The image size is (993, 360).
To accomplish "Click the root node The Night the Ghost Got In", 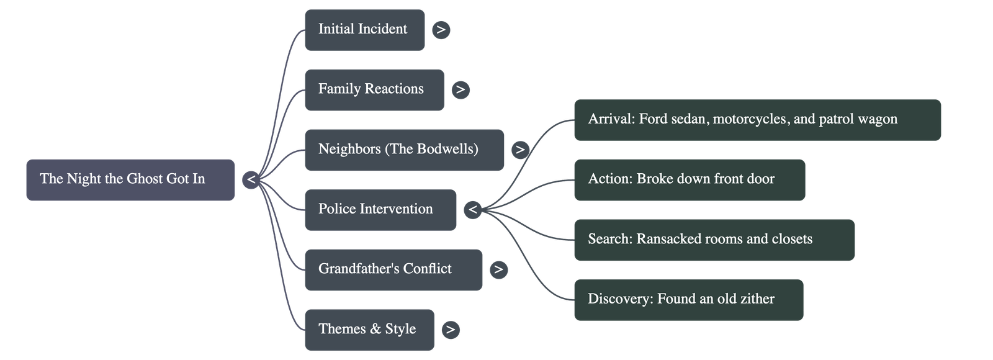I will coord(130,179).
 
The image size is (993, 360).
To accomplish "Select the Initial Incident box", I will coord(364,29).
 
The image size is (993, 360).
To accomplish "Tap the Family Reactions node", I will coord(374,89).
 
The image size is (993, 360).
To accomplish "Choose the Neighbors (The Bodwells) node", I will coord(404,150).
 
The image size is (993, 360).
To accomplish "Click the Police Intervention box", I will coord(380,210).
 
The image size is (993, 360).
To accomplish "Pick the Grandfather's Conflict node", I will coord(393,269).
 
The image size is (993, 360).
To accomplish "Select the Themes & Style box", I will coord(369,330).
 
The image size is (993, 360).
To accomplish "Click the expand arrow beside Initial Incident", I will coord(441,30).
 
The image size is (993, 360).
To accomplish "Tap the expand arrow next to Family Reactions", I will coord(460,90).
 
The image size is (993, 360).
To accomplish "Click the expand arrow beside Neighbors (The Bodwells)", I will coord(520,150).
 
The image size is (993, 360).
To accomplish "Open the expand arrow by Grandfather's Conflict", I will coord(498,270).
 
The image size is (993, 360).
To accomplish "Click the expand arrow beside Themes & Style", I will coord(451,330).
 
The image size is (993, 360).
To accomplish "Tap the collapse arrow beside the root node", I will coord(251,180).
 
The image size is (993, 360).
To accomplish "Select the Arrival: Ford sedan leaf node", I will coord(757,120).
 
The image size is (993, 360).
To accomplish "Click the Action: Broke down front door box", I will coord(689,179).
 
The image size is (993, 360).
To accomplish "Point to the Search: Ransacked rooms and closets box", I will coord(714,240).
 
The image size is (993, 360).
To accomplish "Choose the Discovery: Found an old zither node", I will coord(688,300).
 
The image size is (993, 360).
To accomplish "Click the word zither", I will coord(757,299).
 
